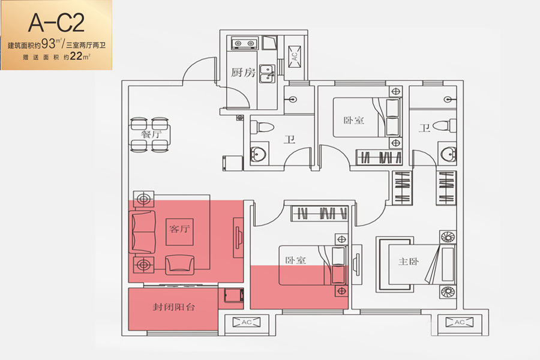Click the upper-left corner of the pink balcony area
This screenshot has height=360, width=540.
(128, 289)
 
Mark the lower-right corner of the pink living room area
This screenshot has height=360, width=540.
(244, 283)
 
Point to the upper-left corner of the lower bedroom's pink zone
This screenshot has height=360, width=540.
(250, 266)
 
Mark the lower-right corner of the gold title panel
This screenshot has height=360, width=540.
(112, 70)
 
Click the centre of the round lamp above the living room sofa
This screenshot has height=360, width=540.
(143, 199)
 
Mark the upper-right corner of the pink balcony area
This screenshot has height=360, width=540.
(218, 289)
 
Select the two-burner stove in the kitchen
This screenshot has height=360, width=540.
(244, 43)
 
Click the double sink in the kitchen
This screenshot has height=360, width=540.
(267, 74)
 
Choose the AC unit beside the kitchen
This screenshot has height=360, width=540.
(295, 56)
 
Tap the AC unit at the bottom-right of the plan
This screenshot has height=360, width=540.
(460, 322)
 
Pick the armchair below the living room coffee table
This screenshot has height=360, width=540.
(180, 264)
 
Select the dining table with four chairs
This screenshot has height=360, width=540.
(149, 134)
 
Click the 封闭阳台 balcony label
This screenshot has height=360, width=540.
(174, 307)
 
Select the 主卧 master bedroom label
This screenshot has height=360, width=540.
(409, 262)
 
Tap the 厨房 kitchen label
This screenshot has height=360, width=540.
(243, 73)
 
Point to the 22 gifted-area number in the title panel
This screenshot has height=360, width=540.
(76, 56)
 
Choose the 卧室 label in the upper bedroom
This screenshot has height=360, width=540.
(353, 120)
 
